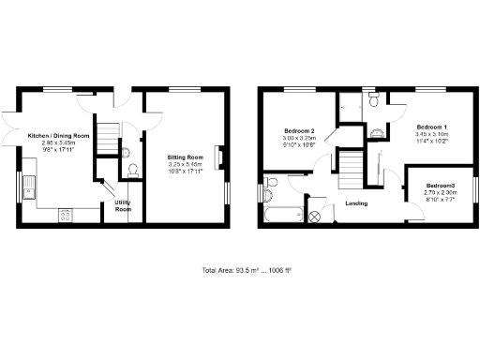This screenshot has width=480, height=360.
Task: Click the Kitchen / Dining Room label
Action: pyautogui.click(x=57, y=136)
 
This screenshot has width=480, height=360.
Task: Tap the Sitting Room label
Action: pyautogui.click(x=185, y=157)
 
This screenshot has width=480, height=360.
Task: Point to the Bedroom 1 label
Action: pyautogui.click(x=431, y=127)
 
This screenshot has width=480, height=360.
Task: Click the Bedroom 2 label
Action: pyautogui.click(x=298, y=130)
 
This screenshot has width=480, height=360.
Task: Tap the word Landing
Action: pyautogui.click(x=356, y=202)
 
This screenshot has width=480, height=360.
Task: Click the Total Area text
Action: pyautogui.click(x=247, y=270)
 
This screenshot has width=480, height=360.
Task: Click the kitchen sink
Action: pyautogui.click(x=29, y=187)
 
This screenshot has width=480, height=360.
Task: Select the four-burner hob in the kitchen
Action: pyautogui.click(x=67, y=216)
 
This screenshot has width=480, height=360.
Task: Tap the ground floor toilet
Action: pyautogui.click(x=131, y=169)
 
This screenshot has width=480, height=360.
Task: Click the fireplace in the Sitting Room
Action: pyautogui.click(x=219, y=157)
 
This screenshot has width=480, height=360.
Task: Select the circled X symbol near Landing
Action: pyautogui.click(x=314, y=217)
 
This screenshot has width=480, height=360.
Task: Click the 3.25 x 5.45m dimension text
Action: pyautogui.click(x=185, y=164)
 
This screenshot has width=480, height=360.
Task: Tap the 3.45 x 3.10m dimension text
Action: pyautogui.click(x=431, y=134)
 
